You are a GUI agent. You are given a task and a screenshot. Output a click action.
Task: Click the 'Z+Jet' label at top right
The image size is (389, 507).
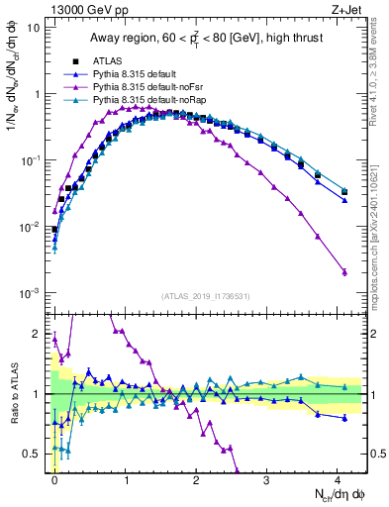tap(348, 9)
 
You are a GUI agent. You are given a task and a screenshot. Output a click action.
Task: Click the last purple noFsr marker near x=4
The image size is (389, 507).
tap(344, 272)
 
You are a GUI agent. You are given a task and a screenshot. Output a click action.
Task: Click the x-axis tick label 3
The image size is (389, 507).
tap(267, 479)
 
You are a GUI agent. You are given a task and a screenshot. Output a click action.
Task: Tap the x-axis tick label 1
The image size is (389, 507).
tap(126, 479)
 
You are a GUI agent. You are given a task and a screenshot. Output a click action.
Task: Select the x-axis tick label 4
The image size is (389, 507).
tap(338, 479)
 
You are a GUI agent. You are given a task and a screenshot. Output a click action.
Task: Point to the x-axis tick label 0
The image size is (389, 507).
tap(55, 479)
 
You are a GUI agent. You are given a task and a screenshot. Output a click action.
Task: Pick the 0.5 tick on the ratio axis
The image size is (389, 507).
tap(35, 454)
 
